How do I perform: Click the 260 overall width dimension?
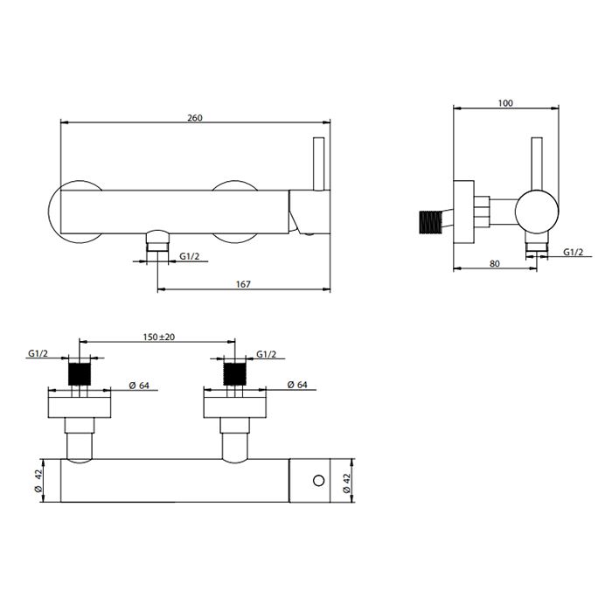click(195, 117)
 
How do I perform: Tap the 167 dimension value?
click(243, 284)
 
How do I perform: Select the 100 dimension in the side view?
click(505, 103)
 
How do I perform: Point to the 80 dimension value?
click(495, 263)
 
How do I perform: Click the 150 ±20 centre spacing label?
click(159, 337)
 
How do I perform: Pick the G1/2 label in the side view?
click(573, 252)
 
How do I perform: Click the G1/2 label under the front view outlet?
click(190, 256)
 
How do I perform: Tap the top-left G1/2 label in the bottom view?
click(38, 353)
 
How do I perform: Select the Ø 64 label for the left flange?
click(139, 386)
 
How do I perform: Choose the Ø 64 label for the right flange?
click(297, 385)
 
